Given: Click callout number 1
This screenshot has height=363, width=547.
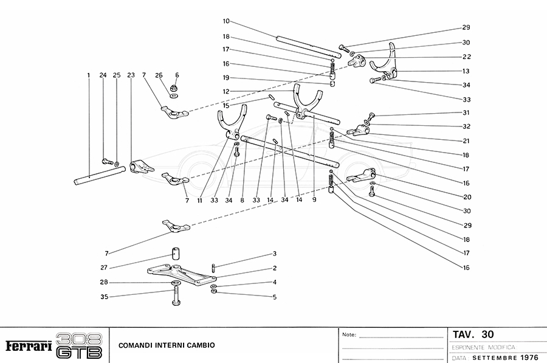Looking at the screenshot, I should pos(88,75).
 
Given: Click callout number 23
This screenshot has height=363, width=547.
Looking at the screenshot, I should pos(131,75).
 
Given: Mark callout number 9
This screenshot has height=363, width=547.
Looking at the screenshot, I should pos(314,199).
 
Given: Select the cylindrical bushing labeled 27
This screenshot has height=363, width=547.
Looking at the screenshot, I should pos(175,253).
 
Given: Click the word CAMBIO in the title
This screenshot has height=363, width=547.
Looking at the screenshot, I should pos(200,345).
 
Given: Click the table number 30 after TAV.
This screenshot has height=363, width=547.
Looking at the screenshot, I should pos(487,334).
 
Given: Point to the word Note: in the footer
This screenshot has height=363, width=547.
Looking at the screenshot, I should pos(349,334).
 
